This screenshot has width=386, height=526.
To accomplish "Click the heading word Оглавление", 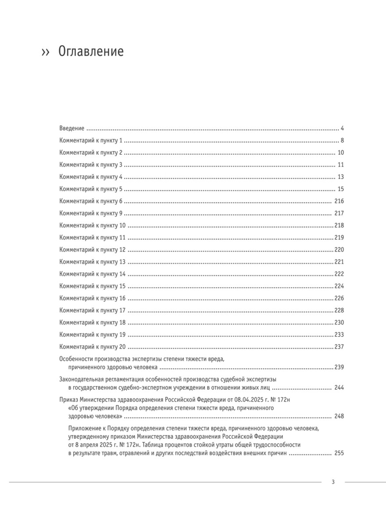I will (91, 52).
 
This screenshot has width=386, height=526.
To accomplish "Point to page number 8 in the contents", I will (342, 141).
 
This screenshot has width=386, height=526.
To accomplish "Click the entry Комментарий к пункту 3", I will (91, 165).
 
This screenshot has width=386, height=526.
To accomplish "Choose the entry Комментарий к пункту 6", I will (91, 201).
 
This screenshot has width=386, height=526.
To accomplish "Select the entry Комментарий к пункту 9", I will (91, 213).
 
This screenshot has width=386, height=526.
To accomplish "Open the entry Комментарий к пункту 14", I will (92, 274).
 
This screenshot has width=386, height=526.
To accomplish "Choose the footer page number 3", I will (333, 482).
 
